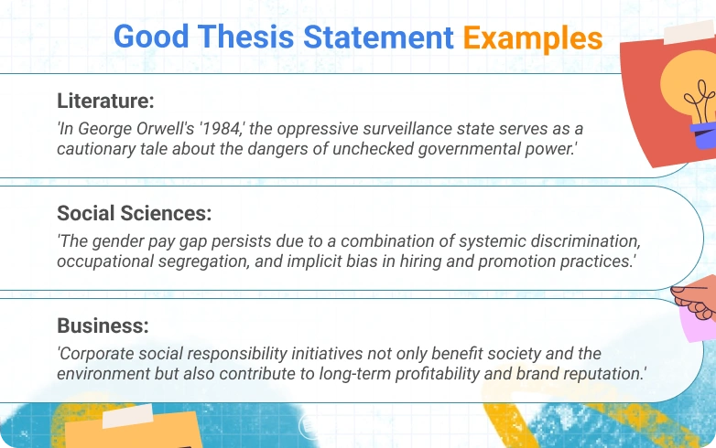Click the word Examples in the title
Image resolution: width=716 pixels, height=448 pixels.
coord(532,38)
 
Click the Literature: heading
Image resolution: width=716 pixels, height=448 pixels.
coord(105,101)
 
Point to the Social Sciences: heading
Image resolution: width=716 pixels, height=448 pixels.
coord(135,214)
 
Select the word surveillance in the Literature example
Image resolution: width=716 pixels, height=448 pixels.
coord(385,128)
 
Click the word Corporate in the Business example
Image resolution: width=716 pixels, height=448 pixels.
coord(95,354)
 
